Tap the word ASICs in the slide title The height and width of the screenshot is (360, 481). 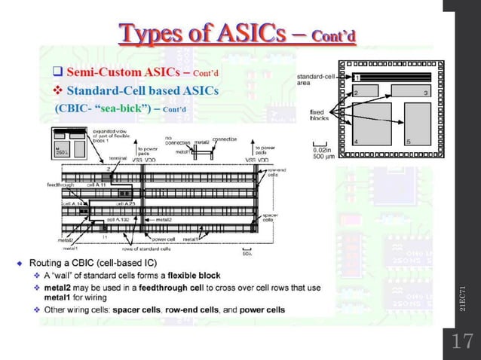(255, 33)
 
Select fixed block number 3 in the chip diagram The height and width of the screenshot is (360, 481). (410, 91)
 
